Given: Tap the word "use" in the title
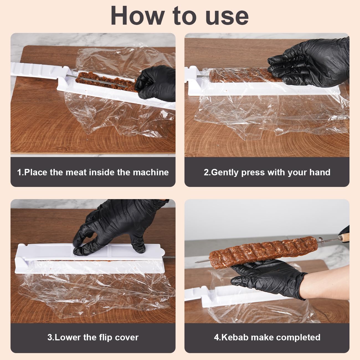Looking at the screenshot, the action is tap(227, 17).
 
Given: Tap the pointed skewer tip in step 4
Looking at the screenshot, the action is tap(196, 262).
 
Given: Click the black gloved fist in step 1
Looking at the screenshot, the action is tap(156, 83).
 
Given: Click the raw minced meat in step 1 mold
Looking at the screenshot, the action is tap(107, 81).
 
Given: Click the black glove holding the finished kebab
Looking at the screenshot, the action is tap(267, 278).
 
